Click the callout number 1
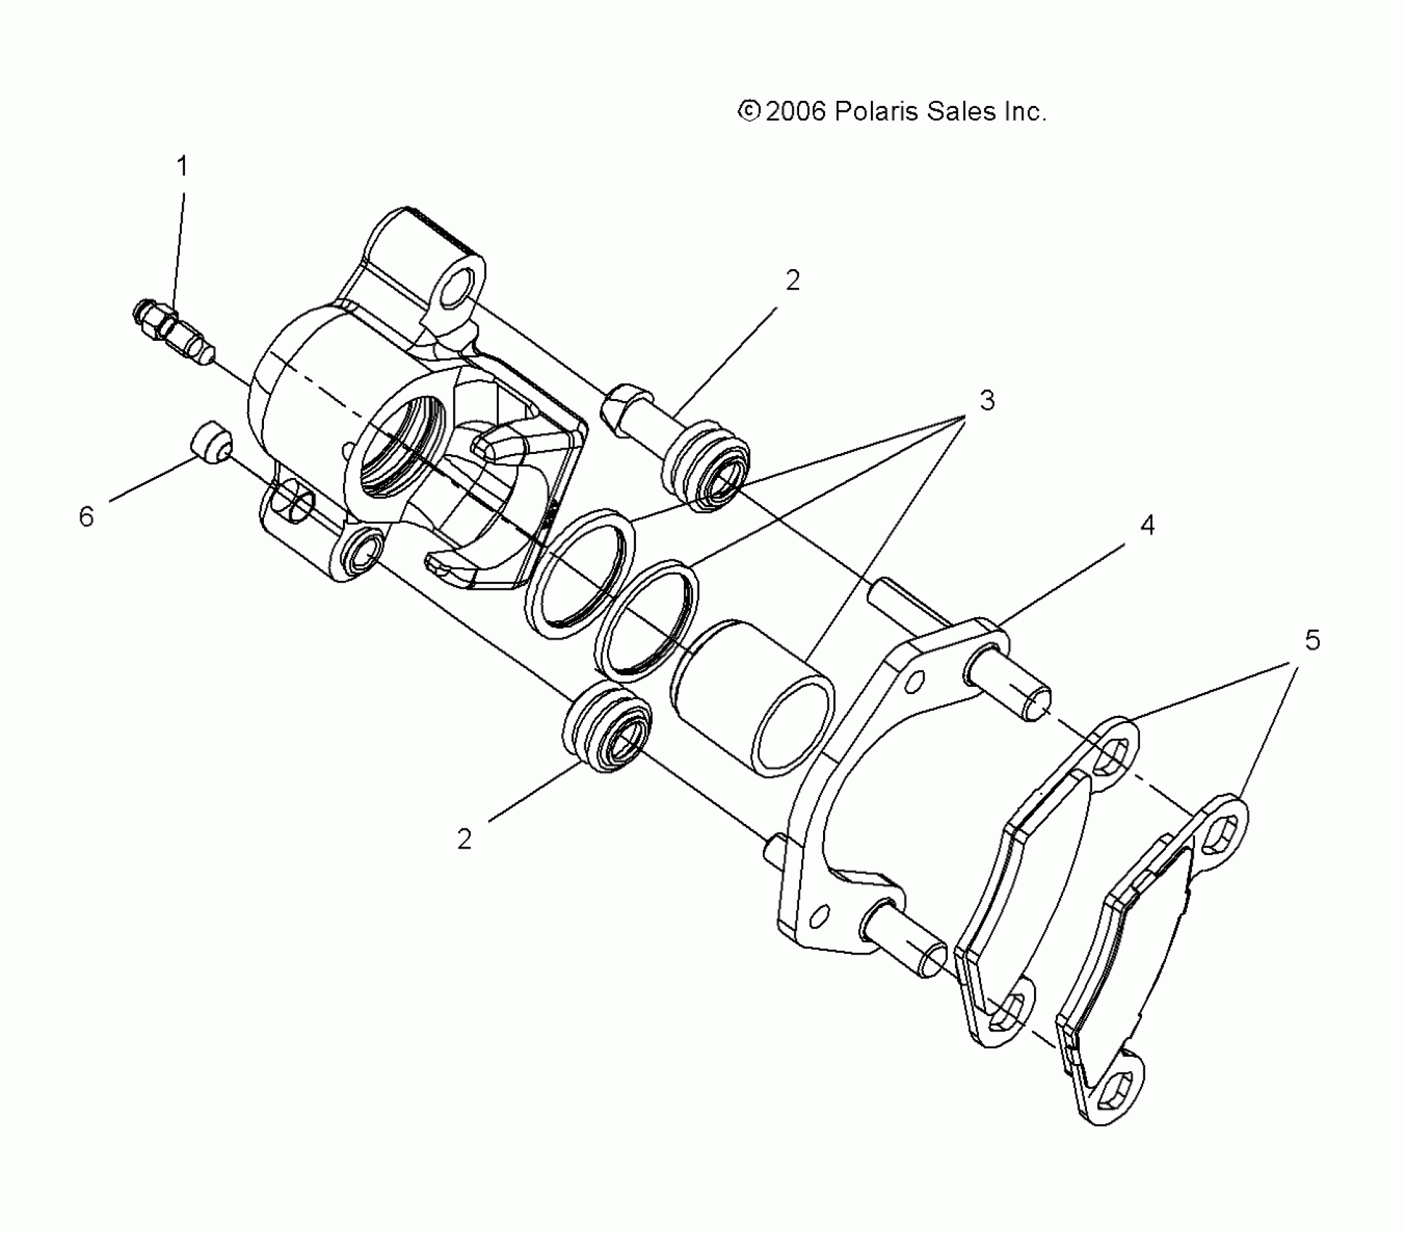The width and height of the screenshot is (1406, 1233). coord(182,167)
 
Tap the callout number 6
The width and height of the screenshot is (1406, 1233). coord(86,517)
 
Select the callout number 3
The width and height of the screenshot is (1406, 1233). coord(987,400)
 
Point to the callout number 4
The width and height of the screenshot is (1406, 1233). coord(1146,525)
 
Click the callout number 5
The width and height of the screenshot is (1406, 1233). coord(1312,640)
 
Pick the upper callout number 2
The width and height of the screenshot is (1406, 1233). coord(793,281)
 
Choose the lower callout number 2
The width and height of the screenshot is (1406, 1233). coord(464,839)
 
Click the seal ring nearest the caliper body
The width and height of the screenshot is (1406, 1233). coord(579,576)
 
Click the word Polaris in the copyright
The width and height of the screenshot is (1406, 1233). coord(876,112)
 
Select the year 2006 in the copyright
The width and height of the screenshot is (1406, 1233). coord(795,112)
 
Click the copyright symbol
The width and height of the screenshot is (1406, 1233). coord(748,111)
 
